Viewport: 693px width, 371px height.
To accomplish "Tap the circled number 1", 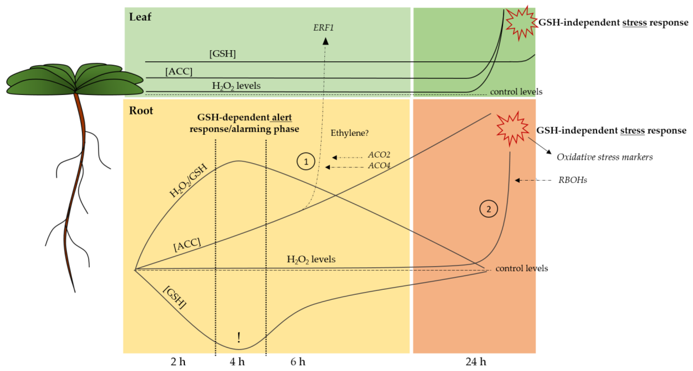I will point(306,162).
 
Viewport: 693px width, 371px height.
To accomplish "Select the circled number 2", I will point(488,209).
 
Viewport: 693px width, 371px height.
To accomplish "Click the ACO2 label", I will point(379,155).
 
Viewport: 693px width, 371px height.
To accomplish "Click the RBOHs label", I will point(573,180).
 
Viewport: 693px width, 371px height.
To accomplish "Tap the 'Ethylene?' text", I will point(349,133).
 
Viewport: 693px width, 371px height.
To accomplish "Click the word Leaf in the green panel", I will point(140,17).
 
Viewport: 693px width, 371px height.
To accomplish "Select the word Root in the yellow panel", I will point(141,111).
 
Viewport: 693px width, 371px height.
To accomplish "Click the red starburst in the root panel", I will point(512,129).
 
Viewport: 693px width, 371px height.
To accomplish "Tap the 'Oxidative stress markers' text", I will point(604,157).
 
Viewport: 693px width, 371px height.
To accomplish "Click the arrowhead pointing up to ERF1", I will point(326,41).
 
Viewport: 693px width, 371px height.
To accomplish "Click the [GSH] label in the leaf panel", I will point(222,54).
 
